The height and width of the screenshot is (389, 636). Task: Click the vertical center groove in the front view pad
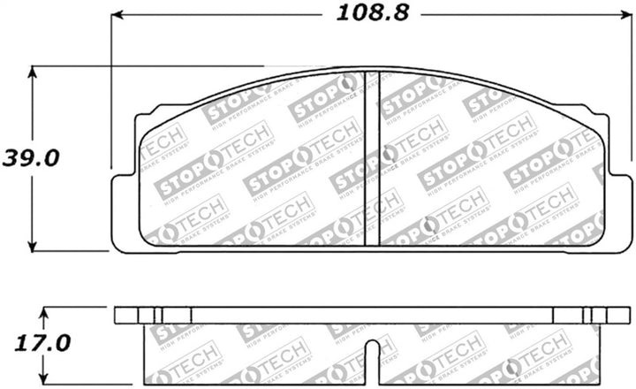(x=373, y=159)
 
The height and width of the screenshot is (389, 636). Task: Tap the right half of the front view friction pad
(x=495, y=168)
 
